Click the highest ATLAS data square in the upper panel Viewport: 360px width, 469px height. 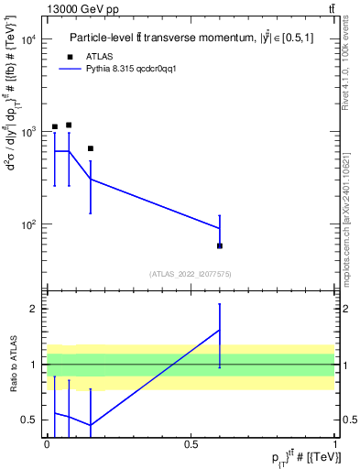click(x=69, y=125)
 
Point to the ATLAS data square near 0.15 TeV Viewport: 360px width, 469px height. click(x=91, y=148)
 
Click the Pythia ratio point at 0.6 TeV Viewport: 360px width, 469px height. click(x=220, y=330)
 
